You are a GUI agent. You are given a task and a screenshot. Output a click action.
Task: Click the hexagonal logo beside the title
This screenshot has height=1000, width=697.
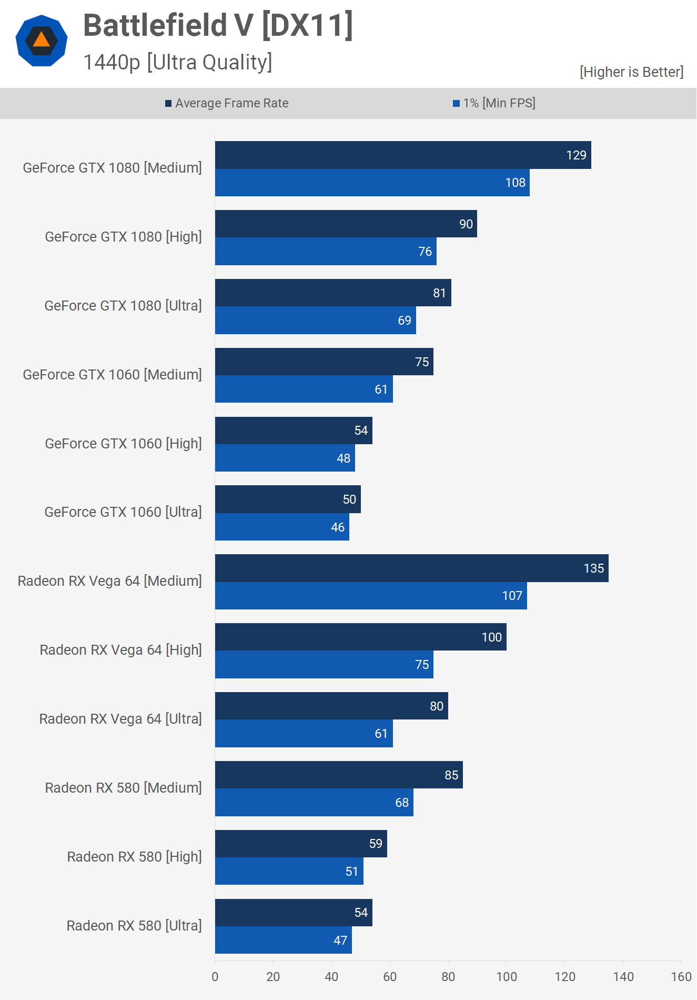pos(42,41)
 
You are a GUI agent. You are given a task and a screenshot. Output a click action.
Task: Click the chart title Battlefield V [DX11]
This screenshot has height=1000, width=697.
pos(218,25)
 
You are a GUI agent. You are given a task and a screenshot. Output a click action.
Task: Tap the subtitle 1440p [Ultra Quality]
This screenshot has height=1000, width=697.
pos(178,62)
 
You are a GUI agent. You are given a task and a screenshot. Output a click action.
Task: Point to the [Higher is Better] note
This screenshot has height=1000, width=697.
pos(631,72)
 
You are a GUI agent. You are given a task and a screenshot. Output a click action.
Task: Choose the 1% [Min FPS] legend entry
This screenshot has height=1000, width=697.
pos(494,103)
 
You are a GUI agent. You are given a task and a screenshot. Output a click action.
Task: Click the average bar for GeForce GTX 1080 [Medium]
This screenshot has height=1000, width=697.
pos(403,155)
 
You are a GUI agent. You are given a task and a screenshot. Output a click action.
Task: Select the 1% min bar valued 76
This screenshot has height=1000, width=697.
pos(326,252)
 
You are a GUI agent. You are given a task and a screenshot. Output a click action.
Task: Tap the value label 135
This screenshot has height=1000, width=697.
pos(593,568)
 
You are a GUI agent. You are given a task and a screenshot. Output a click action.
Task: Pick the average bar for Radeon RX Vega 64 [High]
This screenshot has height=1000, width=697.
pos(360,637)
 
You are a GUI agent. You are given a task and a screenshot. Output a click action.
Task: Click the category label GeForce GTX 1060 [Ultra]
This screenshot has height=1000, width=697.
pos(123,512)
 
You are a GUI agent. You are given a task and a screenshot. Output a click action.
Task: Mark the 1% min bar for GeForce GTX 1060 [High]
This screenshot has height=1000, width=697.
pos(285,458)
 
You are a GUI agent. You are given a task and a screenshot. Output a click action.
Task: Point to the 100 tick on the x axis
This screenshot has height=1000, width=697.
pos(507,977)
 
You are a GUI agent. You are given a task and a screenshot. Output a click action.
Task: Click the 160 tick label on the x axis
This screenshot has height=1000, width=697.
pos(681,977)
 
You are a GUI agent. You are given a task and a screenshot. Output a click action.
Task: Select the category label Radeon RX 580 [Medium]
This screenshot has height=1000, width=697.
pos(123,788)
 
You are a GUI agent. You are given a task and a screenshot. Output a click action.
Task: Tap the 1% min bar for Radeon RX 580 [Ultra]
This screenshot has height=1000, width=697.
pos(283,941)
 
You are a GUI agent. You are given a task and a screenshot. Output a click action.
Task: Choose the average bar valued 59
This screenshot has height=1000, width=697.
pos(301,844)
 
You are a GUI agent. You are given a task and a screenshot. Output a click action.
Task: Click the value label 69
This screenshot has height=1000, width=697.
pos(405,321)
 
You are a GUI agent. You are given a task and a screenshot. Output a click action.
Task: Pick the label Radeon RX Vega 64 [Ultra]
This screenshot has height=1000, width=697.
pos(120,719)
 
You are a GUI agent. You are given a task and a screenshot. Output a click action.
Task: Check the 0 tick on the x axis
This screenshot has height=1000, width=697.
pos(215,977)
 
